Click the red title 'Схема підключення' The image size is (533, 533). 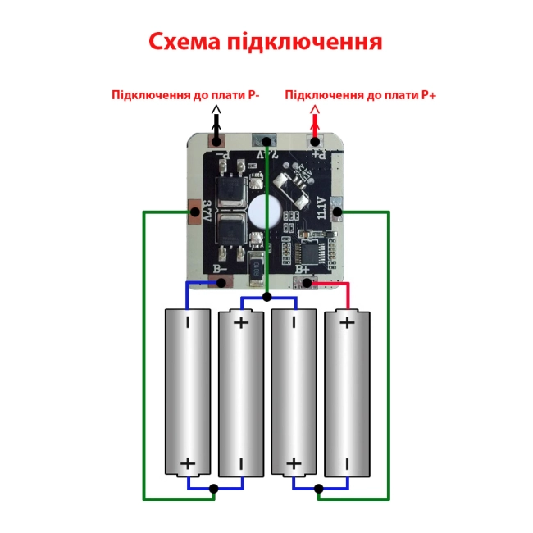click(266, 42)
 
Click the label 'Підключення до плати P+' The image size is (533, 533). click(361, 95)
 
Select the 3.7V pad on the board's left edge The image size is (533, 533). click(194, 212)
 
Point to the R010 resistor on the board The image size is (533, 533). click(256, 266)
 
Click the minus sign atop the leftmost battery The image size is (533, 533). click(188, 323)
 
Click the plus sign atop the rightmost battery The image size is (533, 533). click(347, 322)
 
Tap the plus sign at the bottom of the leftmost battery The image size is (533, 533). click(188, 464)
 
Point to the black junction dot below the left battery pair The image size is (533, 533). click(214, 490)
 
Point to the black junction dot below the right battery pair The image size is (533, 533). click(319, 490)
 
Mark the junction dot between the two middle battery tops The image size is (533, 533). click(267, 296)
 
